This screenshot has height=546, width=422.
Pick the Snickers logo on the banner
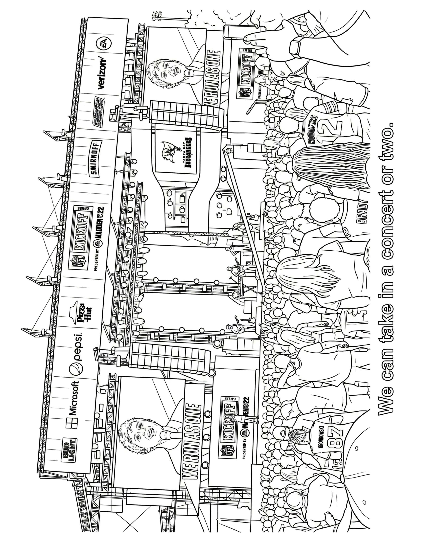(99, 113)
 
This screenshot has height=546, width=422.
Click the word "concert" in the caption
(386, 255)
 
